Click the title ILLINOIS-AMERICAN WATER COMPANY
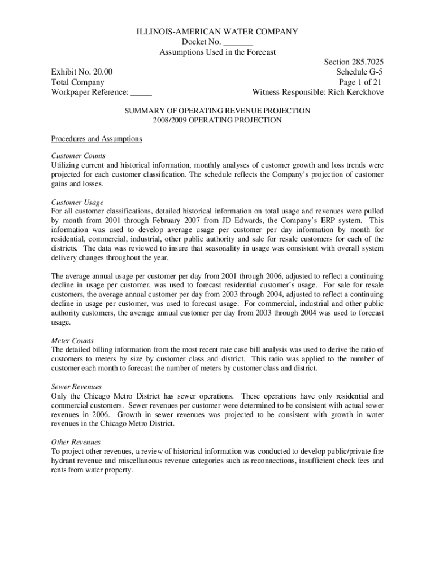coord(217,32)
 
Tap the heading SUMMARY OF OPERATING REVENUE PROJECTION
coord(217,111)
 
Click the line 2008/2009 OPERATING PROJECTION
coord(217,120)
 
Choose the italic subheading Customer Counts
coord(79,155)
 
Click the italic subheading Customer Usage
coord(77,202)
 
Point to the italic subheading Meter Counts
coord(72,340)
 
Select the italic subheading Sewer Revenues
coord(76,387)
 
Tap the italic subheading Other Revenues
coord(76,442)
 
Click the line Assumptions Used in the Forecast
coord(217,52)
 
